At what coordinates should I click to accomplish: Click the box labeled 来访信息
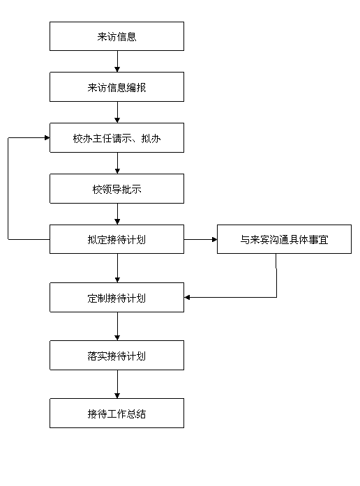pyautogui.click(x=117, y=36)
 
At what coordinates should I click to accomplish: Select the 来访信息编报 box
pyautogui.click(x=117, y=86)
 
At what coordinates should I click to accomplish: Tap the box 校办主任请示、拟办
pyautogui.click(x=117, y=137)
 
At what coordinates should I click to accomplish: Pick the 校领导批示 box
pyautogui.click(x=117, y=188)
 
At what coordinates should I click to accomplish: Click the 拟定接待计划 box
pyautogui.click(x=117, y=239)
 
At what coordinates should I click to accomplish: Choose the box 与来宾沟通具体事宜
pyautogui.click(x=284, y=239)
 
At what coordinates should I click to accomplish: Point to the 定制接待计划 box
pyautogui.click(x=117, y=297)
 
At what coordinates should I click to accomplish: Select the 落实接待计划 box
pyautogui.click(x=117, y=355)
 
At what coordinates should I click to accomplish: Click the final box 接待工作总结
pyautogui.click(x=117, y=413)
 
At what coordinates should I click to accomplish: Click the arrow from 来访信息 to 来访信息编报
pyautogui.click(x=117, y=61)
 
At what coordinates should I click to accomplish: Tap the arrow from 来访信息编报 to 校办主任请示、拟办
pyautogui.click(x=117, y=112)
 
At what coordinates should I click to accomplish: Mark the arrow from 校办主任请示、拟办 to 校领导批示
pyautogui.click(x=117, y=163)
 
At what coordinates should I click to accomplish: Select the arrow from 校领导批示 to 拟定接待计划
pyautogui.click(x=117, y=214)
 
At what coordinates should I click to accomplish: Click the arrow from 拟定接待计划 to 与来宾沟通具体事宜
pyautogui.click(x=201, y=239)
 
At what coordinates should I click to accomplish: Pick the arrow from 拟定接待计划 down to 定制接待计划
pyautogui.click(x=117, y=268)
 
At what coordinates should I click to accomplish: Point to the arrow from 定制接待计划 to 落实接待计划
pyautogui.click(x=117, y=326)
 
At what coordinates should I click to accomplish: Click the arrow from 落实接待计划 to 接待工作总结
pyautogui.click(x=117, y=384)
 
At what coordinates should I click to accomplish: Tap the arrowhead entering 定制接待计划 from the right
pyautogui.click(x=187, y=298)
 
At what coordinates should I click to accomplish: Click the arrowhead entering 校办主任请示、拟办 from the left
pyautogui.click(x=47, y=137)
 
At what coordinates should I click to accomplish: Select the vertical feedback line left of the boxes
pyautogui.click(x=8, y=188)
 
